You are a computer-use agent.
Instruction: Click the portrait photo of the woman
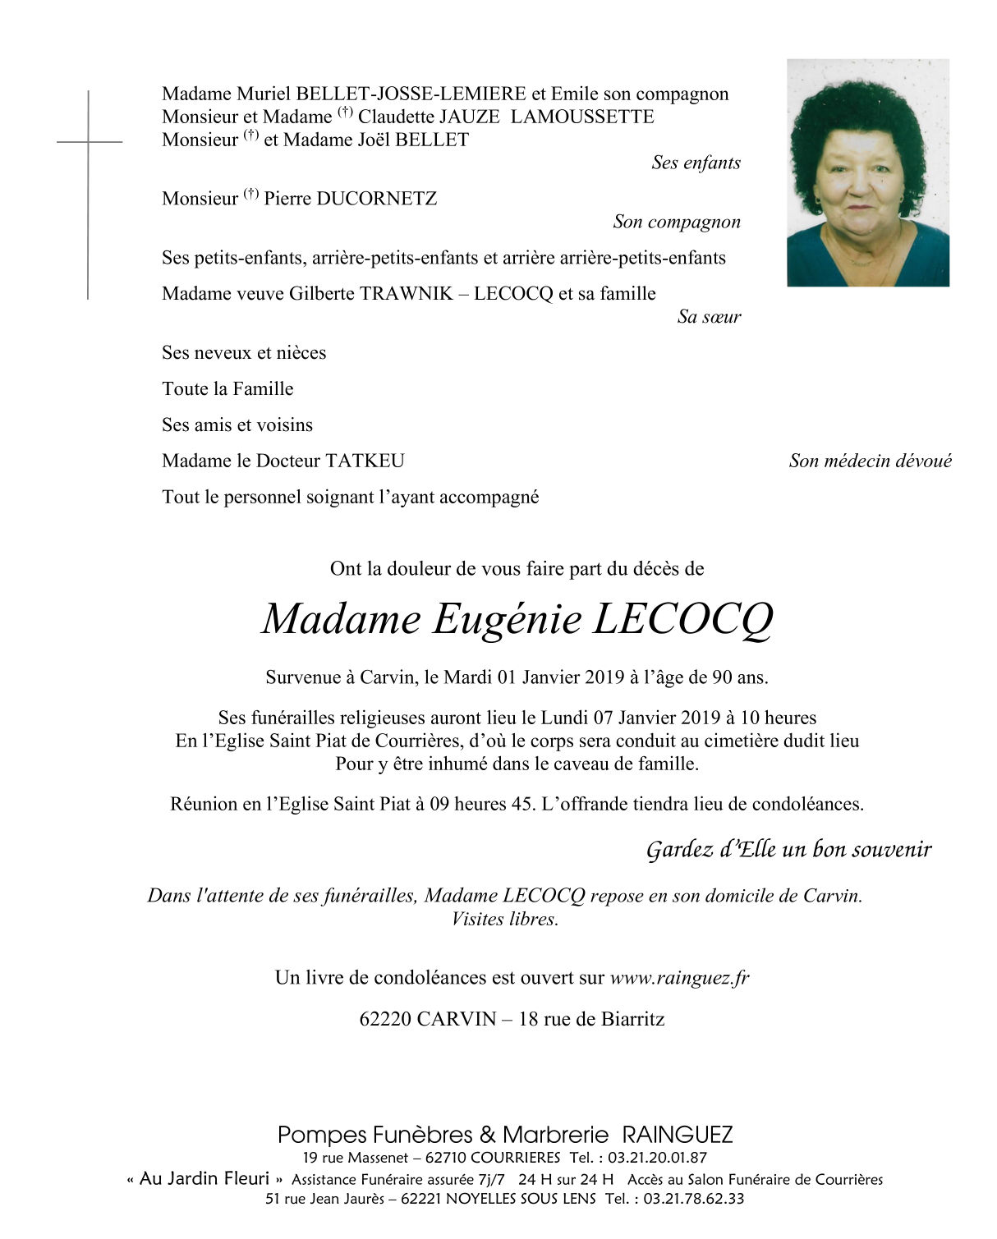tap(868, 172)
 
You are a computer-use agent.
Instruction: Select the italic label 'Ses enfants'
tap(696, 163)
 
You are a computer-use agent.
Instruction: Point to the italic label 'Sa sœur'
tap(709, 317)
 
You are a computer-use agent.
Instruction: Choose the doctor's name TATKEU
tap(365, 461)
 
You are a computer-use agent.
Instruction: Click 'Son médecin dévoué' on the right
tap(870, 461)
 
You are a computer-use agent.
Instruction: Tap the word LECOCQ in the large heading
tap(682, 619)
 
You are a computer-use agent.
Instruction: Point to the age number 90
tap(722, 678)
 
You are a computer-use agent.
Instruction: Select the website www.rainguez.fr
tap(679, 978)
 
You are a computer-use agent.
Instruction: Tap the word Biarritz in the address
tap(632, 1020)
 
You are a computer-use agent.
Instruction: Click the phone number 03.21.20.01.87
tap(657, 1159)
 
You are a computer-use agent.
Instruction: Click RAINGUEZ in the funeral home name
tap(677, 1136)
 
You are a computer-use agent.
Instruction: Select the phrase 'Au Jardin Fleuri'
tap(204, 1179)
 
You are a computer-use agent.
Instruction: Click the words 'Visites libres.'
tap(504, 920)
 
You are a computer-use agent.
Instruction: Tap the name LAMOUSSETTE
tap(581, 117)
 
